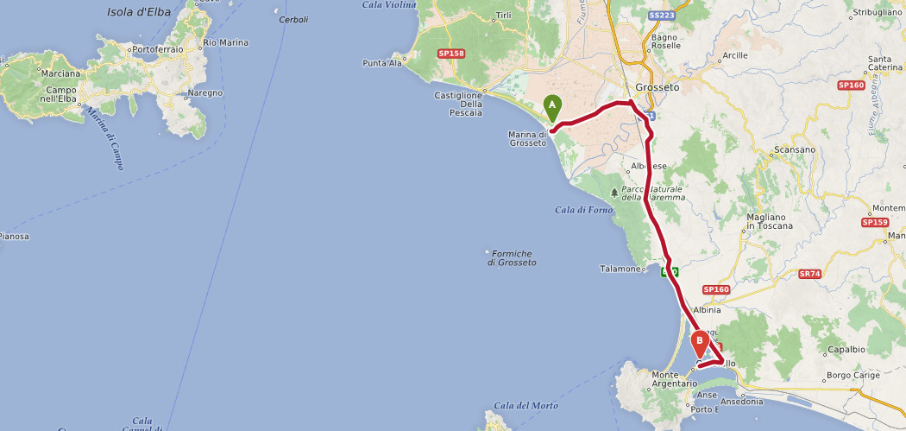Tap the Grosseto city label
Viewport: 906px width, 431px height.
657,87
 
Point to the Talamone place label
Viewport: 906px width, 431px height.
621,269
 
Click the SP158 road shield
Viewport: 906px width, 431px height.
450,54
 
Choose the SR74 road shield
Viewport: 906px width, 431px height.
810,274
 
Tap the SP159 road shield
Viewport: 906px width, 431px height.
874,222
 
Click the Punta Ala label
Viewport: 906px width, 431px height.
382,63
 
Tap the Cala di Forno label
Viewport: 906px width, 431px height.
584,210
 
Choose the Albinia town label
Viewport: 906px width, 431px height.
707,309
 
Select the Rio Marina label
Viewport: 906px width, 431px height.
224,41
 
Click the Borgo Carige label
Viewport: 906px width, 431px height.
852,375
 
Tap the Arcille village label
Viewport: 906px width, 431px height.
735,55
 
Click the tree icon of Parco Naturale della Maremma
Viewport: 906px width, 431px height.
614,192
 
